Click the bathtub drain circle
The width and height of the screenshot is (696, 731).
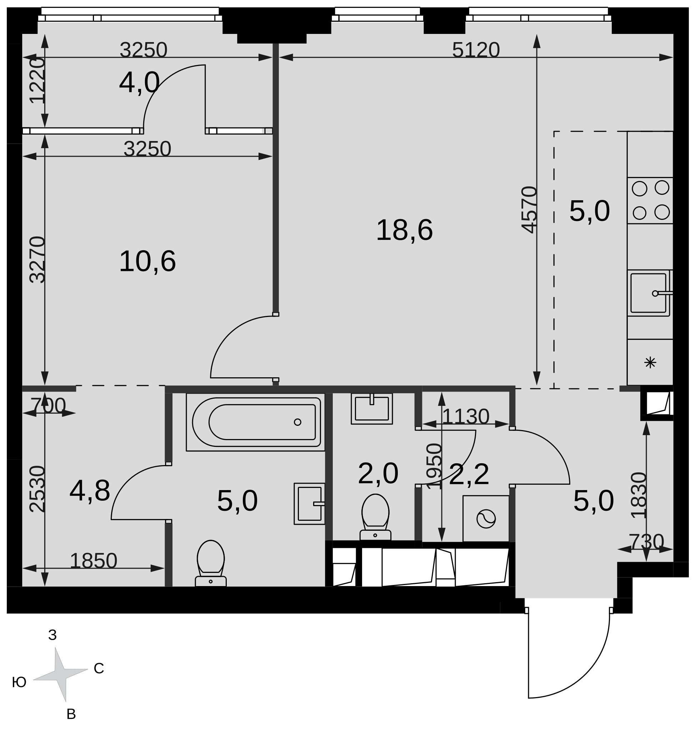coord(297,422)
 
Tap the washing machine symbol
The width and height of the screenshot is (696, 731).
coord(486,519)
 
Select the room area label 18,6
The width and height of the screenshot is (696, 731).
coord(404,230)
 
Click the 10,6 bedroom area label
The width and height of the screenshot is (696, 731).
coord(147,262)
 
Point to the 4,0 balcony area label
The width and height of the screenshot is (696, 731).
coord(139,83)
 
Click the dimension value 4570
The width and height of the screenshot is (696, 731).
coord(529,210)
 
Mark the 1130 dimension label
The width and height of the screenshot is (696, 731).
coord(466,417)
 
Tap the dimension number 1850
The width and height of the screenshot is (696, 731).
coord(94,561)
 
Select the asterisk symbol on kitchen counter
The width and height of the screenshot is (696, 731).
coord(650,362)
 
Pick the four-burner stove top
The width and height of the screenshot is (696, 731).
coord(650,200)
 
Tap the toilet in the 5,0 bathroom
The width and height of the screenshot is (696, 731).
coord(210,563)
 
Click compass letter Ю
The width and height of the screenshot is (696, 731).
coord(19,682)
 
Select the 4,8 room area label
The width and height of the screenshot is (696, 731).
coord(90,491)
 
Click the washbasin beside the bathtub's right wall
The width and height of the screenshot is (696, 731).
coord(309,504)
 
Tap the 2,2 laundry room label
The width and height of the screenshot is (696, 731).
coord(469,474)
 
